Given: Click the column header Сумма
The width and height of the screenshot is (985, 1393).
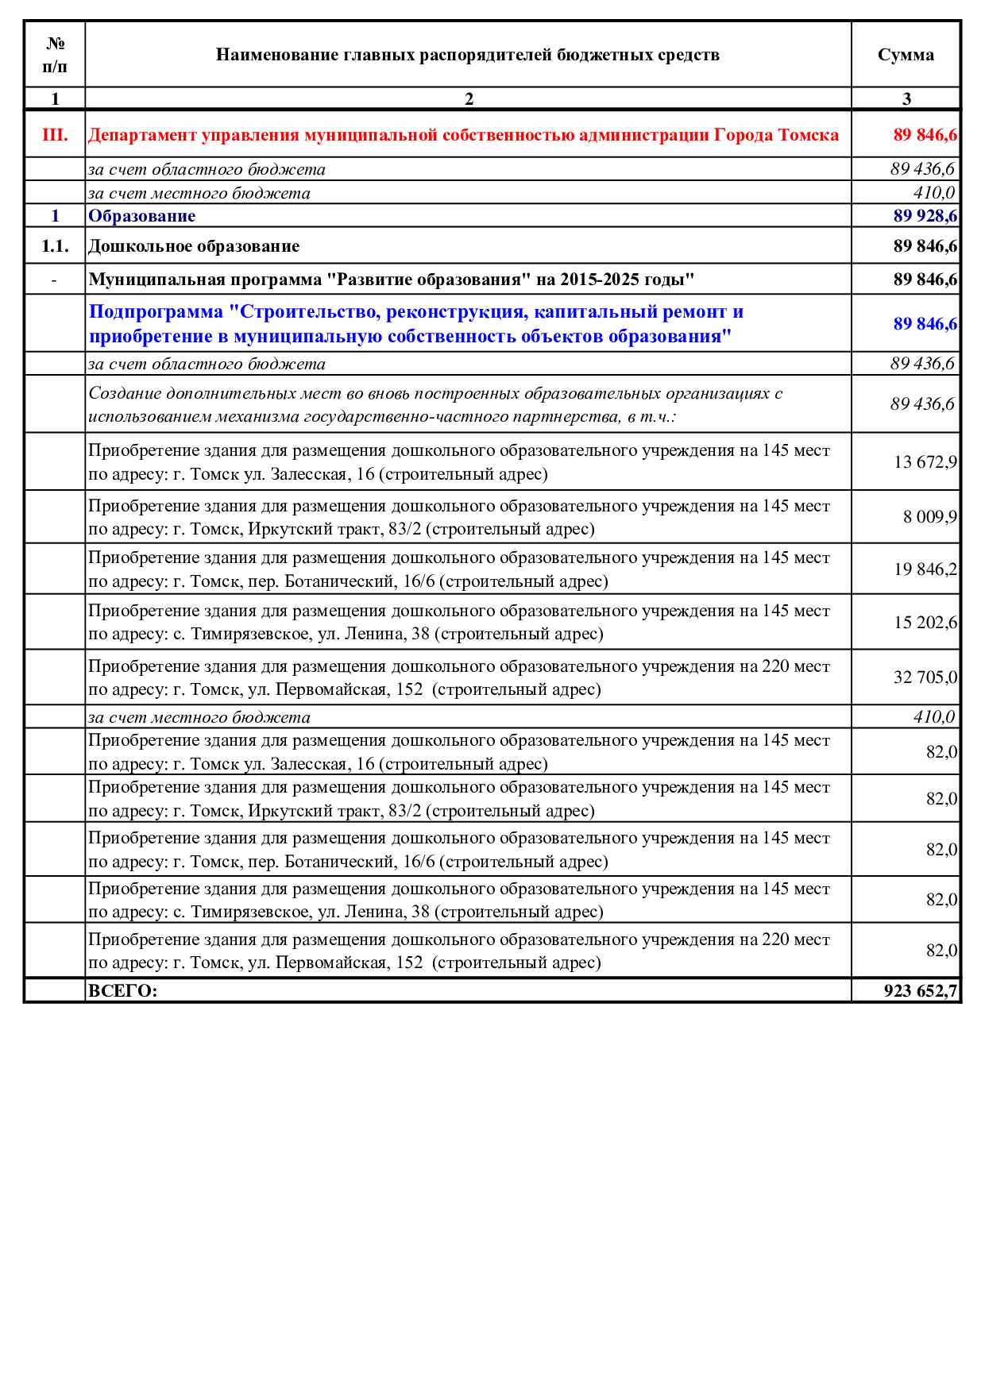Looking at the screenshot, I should [906, 55].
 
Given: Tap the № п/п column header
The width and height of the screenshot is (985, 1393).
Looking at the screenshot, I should [55, 55].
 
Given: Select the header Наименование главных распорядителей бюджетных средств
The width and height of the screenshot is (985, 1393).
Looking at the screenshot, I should [468, 55].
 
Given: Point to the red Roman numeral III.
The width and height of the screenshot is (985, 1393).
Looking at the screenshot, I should [55, 135].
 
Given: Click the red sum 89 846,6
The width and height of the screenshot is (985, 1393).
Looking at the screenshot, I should [925, 135].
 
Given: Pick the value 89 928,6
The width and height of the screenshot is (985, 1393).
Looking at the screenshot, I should [925, 216].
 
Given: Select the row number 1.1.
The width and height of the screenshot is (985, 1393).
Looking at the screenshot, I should [55, 246].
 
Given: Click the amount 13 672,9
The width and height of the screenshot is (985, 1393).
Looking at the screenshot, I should [925, 462].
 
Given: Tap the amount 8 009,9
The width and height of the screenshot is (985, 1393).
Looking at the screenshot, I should [929, 517].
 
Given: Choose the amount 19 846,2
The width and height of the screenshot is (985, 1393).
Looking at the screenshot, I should [925, 569].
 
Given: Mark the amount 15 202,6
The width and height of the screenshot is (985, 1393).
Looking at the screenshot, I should [925, 623].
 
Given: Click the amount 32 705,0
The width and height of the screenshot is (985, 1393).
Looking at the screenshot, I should [925, 677].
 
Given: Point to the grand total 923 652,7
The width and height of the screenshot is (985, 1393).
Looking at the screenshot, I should [920, 991].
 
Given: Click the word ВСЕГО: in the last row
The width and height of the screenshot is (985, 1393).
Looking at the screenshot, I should [123, 991].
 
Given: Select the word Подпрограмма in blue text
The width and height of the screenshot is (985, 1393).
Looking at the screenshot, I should [156, 312].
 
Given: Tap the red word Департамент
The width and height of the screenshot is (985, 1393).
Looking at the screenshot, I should [142, 135].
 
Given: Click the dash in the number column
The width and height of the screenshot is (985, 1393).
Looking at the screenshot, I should [54, 280].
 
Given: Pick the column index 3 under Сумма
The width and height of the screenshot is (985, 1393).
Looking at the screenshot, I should [906, 99].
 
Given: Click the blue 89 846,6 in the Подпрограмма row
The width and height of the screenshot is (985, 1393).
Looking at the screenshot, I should [925, 324].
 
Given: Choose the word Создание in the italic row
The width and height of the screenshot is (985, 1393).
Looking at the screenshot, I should [125, 394].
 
